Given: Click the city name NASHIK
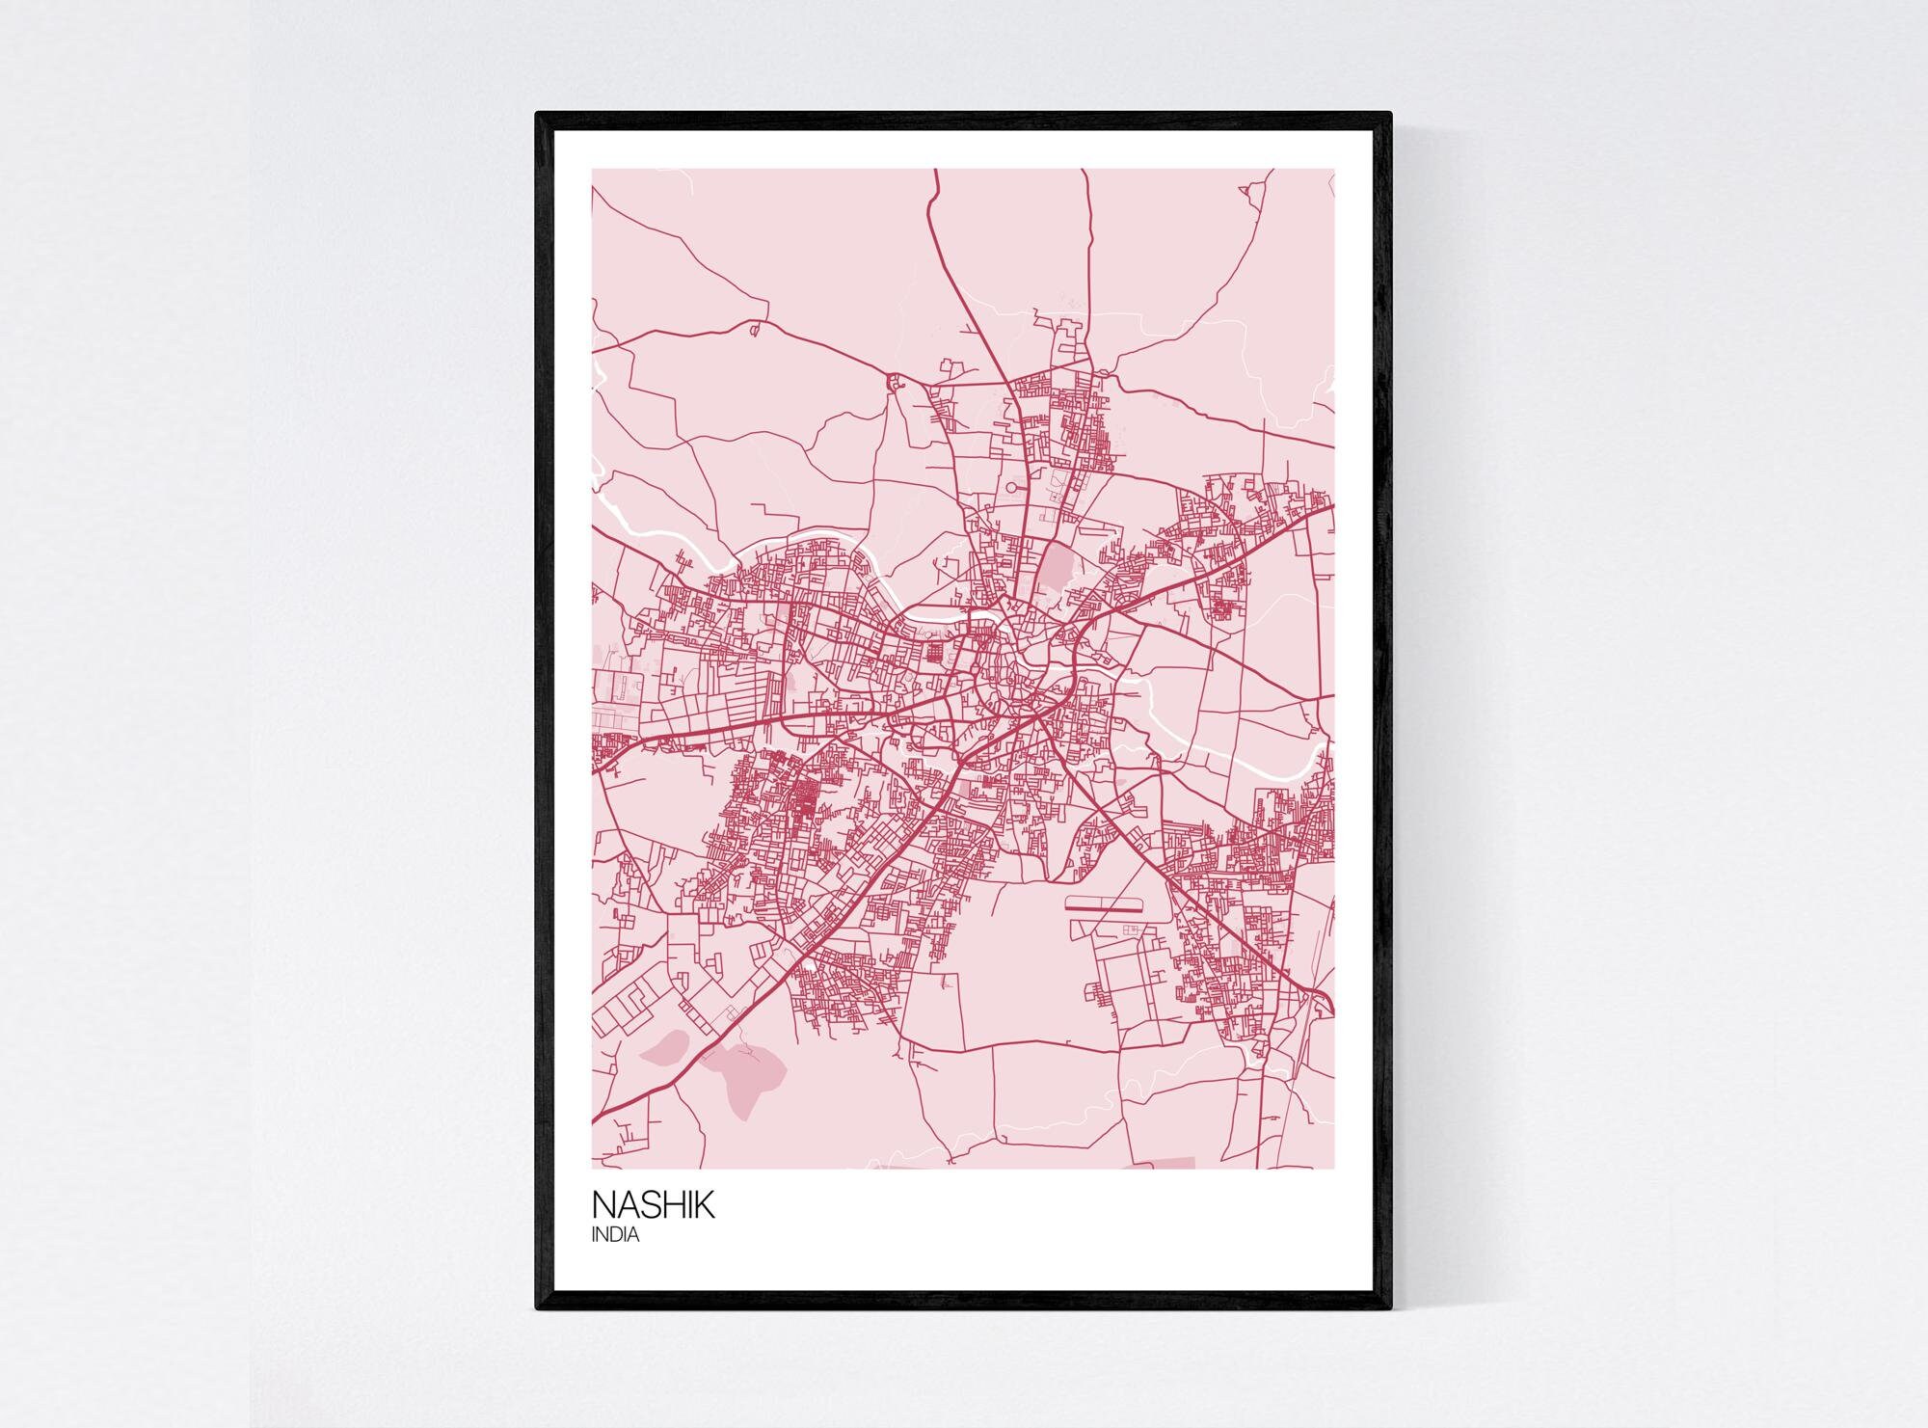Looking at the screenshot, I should click(x=653, y=1205).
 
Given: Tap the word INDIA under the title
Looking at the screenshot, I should click(x=615, y=1235).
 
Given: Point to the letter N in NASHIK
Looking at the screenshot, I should click(x=603, y=1205).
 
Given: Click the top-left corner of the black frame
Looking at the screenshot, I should click(x=537, y=114).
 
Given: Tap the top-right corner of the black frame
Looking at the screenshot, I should click(x=1391, y=114).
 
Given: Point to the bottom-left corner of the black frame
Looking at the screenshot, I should click(x=537, y=1308).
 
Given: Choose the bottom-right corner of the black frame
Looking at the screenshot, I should click(x=1391, y=1308).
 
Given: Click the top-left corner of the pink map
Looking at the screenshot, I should click(x=592, y=170).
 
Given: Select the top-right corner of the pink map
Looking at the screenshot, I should click(x=1334, y=170).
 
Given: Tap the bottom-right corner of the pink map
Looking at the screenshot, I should click(x=1334, y=1169).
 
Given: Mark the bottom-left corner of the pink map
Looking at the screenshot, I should click(x=592, y=1169).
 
